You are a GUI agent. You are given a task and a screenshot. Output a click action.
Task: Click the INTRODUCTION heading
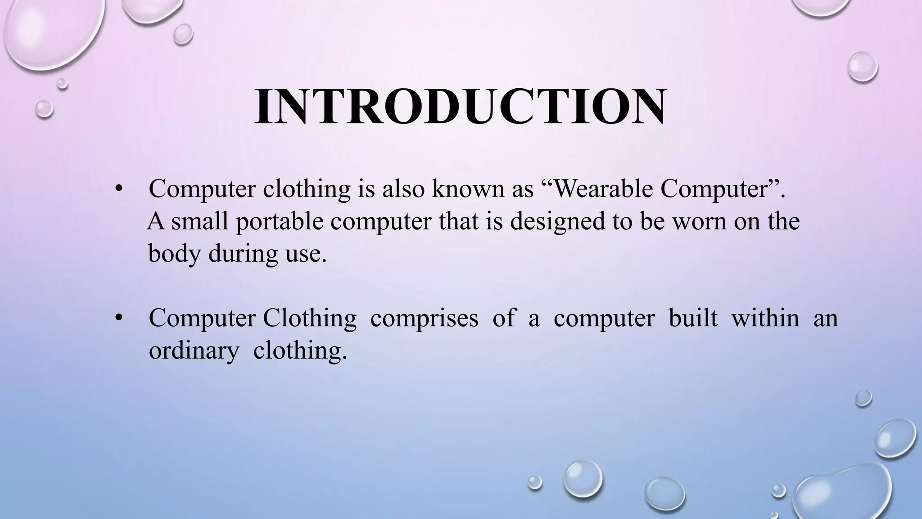point(460,107)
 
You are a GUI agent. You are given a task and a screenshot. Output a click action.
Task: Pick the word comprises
point(424,318)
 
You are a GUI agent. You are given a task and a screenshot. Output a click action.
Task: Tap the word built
point(693,318)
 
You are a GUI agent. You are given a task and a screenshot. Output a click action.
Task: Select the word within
point(765,318)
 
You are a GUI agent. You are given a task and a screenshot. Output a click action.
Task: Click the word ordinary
point(194,351)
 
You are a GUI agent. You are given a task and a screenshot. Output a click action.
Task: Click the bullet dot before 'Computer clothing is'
point(118,189)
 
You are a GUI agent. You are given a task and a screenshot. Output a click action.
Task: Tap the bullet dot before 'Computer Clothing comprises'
point(118,319)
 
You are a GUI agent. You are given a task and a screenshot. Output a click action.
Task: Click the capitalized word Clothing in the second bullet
point(309,318)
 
